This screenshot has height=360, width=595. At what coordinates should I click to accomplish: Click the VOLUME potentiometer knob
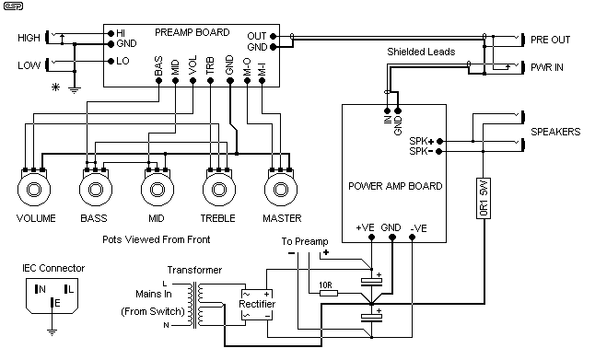tap(36, 192)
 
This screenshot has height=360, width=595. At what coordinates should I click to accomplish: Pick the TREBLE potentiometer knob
tap(217, 192)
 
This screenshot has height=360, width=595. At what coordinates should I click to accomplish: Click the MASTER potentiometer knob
tap(281, 192)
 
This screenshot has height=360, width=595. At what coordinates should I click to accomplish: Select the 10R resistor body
tap(326, 293)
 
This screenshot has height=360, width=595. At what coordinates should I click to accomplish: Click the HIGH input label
tap(29, 38)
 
